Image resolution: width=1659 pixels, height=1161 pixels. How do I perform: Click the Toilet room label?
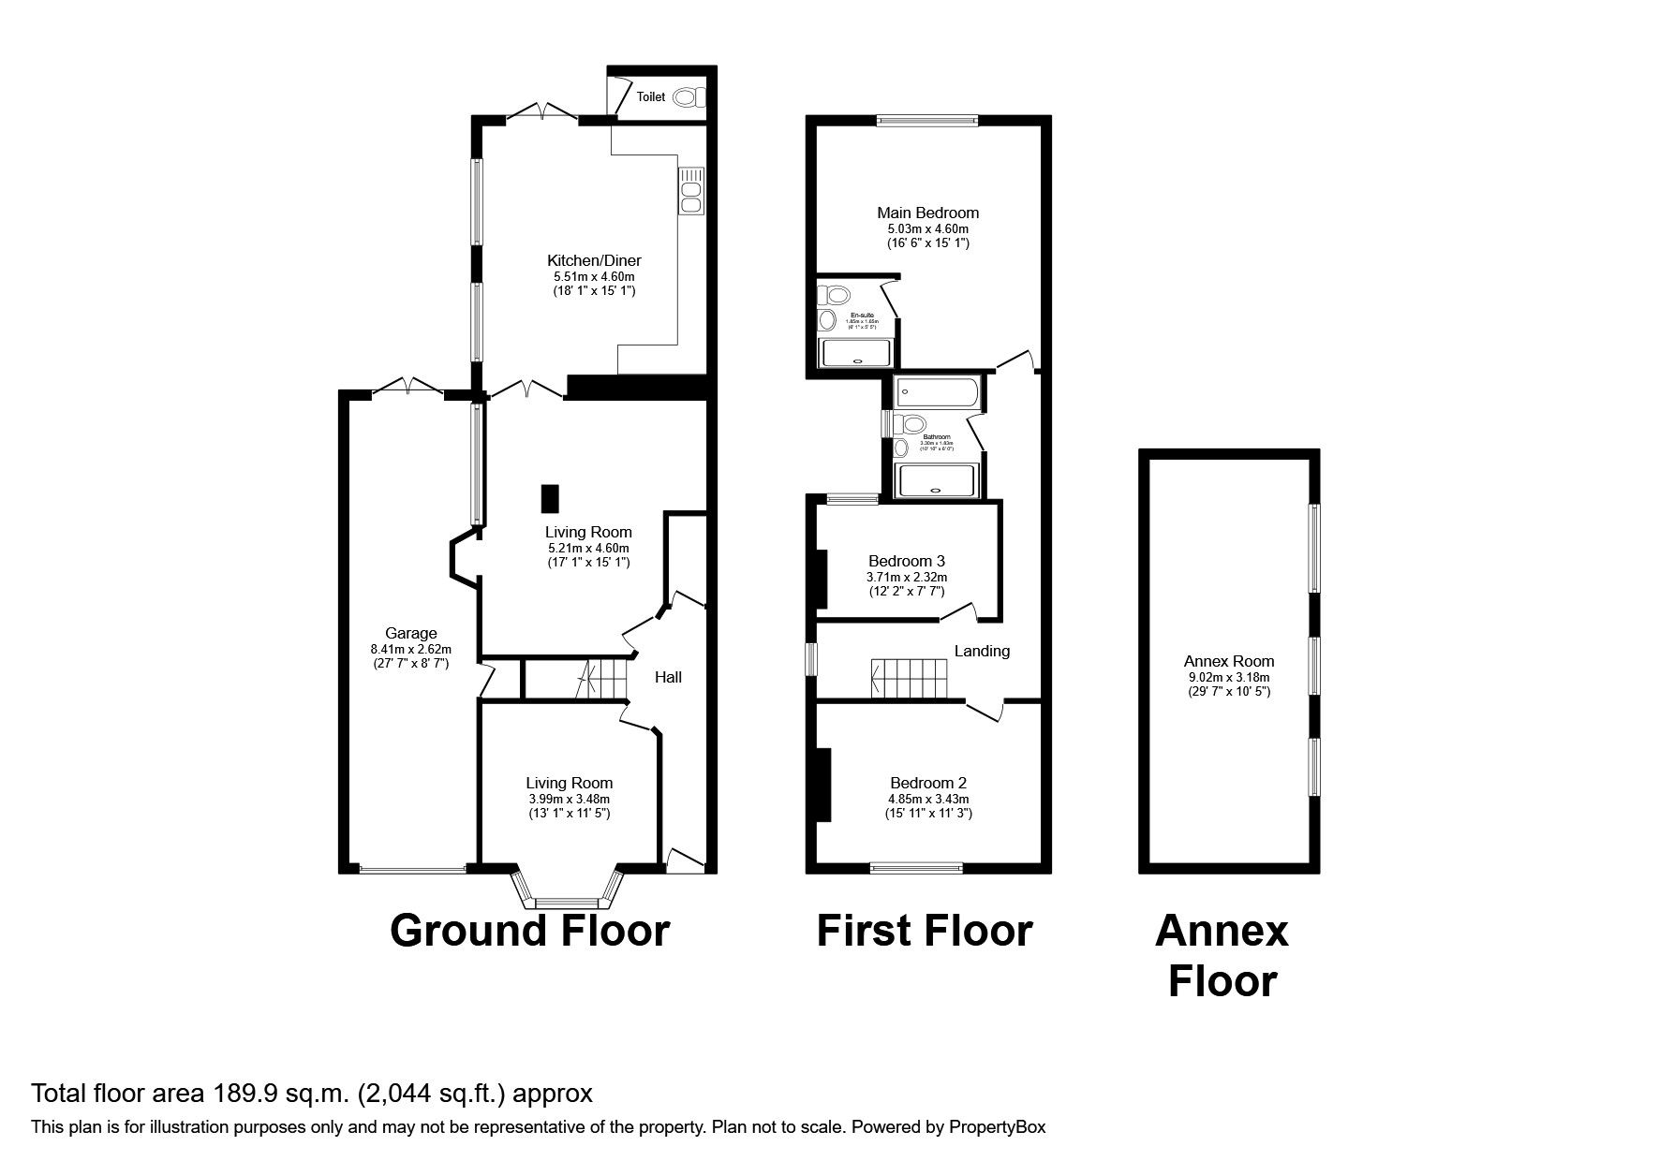pyautogui.click(x=650, y=96)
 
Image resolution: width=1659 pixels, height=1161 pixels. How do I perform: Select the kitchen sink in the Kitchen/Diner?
pyautogui.click(x=691, y=191)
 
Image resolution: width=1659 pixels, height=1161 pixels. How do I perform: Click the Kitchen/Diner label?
pyautogui.click(x=594, y=261)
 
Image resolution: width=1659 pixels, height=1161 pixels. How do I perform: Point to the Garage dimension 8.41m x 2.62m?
pyautogui.click(x=410, y=649)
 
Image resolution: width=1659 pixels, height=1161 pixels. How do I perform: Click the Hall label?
pyautogui.click(x=668, y=676)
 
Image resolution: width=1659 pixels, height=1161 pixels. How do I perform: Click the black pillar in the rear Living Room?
pyautogui.click(x=549, y=498)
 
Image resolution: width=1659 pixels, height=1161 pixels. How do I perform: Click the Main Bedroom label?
pyautogui.click(x=927, y=213)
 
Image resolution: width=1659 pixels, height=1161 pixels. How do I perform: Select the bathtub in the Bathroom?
pyautogui.click(x=936, y=392)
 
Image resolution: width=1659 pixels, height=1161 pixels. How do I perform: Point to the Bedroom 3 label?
pyautogui.click(x=906, y=562)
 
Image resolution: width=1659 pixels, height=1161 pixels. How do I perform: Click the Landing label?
pyautogui.click(x=982, y=651)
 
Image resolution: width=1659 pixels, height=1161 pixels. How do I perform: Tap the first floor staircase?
pyautogui.click(x=911, y=678)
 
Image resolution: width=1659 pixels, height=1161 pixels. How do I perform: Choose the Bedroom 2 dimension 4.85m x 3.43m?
pyautogui.click(x=928, y=799)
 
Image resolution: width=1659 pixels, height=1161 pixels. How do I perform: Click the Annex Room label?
pyautogui.click(x=1228, y=661)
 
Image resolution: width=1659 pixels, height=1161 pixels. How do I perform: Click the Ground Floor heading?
pyautogui.click(x=529, y=931)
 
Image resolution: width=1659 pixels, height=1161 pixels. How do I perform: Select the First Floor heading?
pyautogui.click(x=924, y=931)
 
